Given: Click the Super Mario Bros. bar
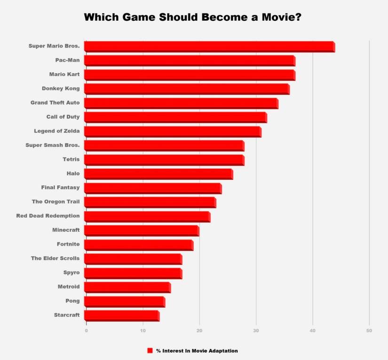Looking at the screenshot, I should [x=209, y=47].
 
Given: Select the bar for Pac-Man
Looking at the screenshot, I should [x=190, y=61].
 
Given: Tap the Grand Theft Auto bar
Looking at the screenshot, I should [x=181, y=103].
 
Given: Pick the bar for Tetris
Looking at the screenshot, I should [x=164, y=160].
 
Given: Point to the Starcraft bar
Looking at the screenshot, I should [x=122, y=315].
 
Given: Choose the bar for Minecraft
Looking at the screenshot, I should [x=142, y=230].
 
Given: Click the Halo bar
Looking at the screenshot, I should [x=158, y=174].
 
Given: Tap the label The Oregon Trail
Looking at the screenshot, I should [x=55, y=201].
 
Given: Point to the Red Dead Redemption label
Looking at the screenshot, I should [x=48, y=216].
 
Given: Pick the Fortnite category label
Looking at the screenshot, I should [x=68, y=244].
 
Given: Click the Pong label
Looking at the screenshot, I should [x=72, y=300].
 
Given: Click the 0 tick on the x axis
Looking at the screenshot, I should [x=87, y=331].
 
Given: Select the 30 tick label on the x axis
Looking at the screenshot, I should [x=256, y=331].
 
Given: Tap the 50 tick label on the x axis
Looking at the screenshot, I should [x=369, y=331].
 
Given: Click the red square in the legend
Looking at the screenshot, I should [x=150, y=351].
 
